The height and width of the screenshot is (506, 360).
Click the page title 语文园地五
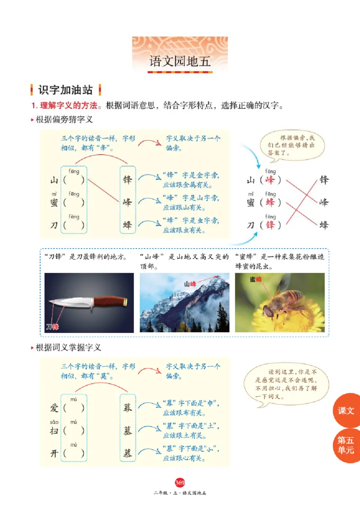180,62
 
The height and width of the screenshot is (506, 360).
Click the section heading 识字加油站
66,90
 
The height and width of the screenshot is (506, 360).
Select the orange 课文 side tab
346,410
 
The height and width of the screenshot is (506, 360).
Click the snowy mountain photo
184,302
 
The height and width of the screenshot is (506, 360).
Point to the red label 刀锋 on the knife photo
52,327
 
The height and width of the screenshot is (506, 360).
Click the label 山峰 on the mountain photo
190,283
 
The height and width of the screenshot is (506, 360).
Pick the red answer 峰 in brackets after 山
270,180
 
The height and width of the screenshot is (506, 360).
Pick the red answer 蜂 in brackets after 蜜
270,202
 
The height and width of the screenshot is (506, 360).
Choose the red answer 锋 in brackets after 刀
270,224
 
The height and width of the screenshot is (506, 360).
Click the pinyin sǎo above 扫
54,422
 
